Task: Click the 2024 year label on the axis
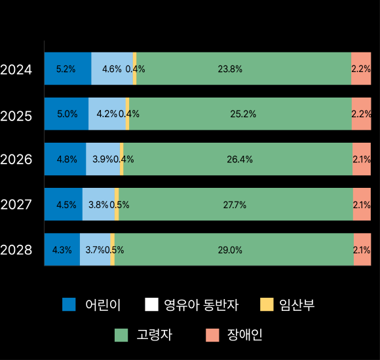16,69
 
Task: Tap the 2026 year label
16,159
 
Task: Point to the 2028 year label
16,249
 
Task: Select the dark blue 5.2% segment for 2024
67,69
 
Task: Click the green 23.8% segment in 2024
244,69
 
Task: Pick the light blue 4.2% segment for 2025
107,114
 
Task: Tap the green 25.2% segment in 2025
240,114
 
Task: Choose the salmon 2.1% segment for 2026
362,159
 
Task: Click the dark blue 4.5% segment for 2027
63,204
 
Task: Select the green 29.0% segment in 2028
234,249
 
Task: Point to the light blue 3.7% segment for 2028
95,249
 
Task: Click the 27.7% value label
235,205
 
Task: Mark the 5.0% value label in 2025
67,114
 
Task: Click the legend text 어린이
103,304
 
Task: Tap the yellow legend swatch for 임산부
266,304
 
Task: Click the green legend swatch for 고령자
121,335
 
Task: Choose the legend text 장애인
244,335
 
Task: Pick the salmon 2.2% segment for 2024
361,69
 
